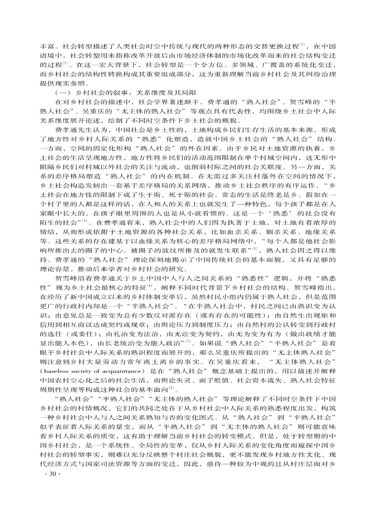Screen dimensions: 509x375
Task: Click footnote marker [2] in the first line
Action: [x=302, y=45]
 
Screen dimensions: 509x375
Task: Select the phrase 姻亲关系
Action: [x=285, y=230]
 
